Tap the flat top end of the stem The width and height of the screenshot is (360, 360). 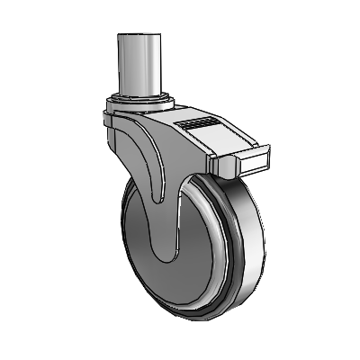(139, 36)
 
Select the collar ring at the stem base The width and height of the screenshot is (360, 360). (141, 96)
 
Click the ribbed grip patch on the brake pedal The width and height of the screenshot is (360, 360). (199, 121)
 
